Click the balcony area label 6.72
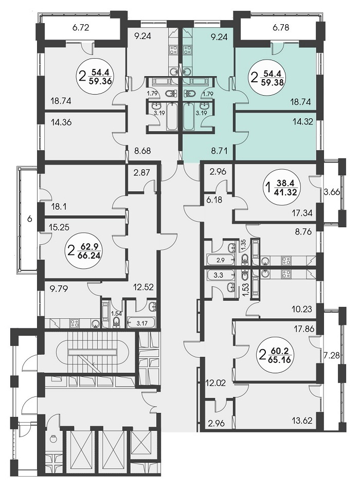(x=81, y=28)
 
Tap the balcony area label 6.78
(x=281, y=28)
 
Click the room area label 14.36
(x=61, y=122)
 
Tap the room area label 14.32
(x=303, y=122)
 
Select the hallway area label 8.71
(x=223, y=151)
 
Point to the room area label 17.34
(x=302, y=214)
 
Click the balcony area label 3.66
(x=332, y=192)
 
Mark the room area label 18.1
(x=59, y=207)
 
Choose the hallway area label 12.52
(x=144, y=287)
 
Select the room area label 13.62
(x=302, y=420)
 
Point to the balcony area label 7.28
(x=332, y=356)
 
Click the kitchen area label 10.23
(x=302, y=310)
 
